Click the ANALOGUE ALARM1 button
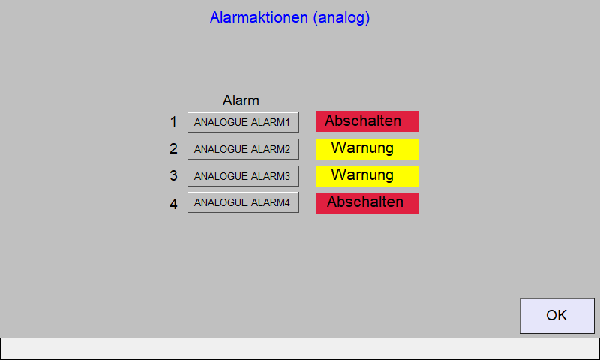(243, 122)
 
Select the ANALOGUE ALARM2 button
(243, 148)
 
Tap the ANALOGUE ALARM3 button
(243, 176)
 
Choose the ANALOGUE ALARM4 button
(243, 202)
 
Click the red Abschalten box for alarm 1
(367, 121)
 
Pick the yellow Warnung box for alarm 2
(367, 148)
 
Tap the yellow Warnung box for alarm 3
(367, 176)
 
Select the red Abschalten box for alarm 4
(367, 203)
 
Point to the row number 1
(173, 122)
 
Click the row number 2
(173, 148)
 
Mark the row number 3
(173, 176)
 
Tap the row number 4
(173, 204)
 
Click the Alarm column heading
(241, 100)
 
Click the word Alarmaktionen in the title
(259, 17)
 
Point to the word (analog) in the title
(341, 17)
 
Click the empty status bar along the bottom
(300, 349)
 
